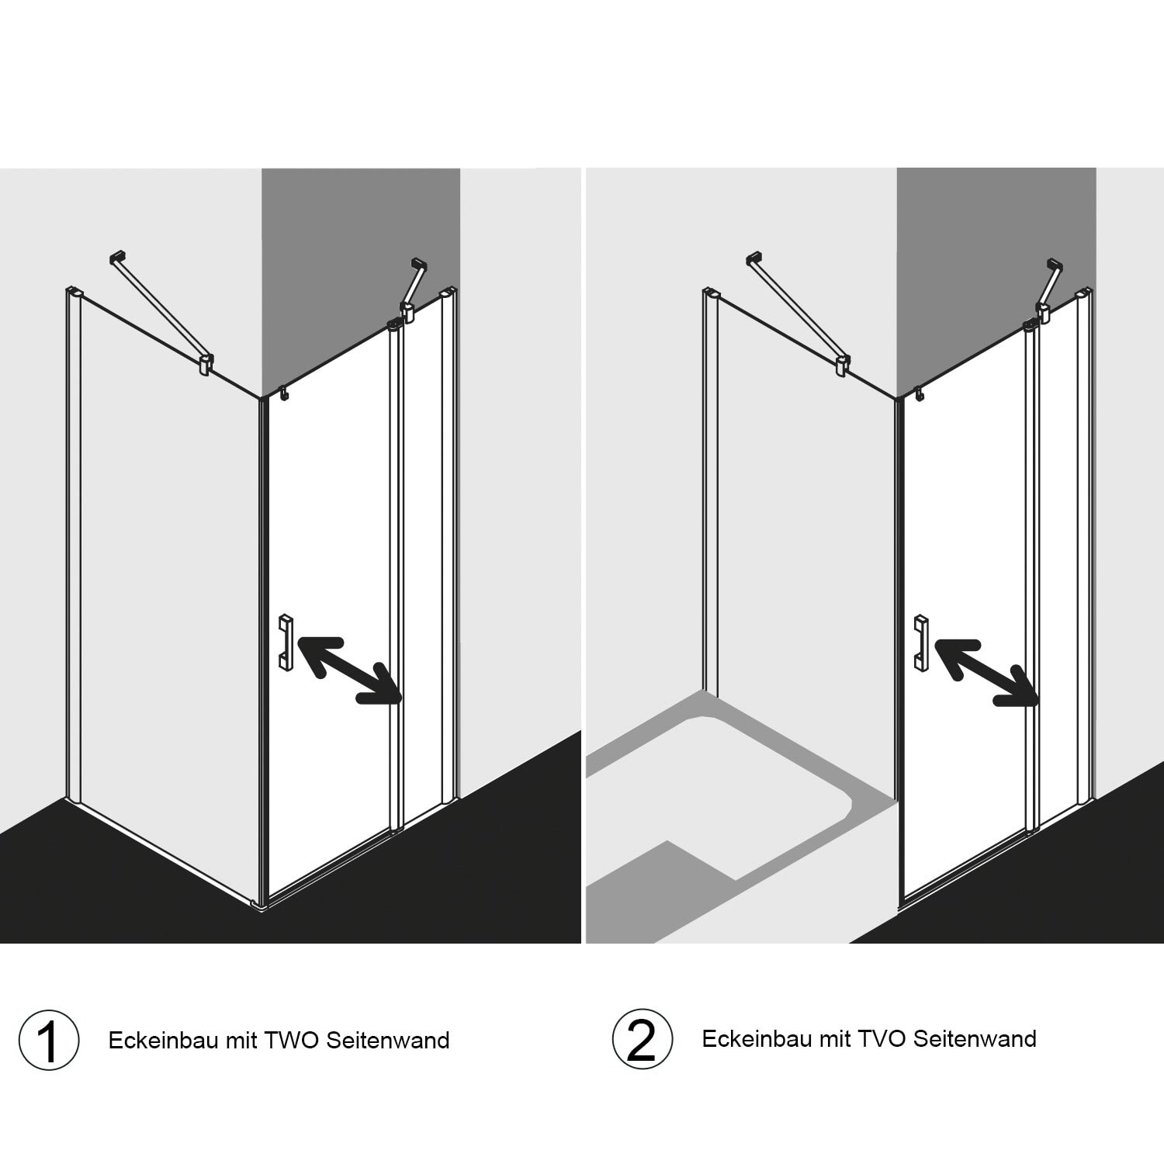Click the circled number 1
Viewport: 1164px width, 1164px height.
pyautogui.click(x=49, y=1041)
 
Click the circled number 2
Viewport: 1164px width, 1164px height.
pyautogui.click(x=641, y=1040)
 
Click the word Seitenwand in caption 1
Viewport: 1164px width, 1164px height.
pyautogui.click(x=388, y=1040)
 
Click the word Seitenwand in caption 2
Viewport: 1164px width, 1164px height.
pyautogui.click(x=975, y=1038)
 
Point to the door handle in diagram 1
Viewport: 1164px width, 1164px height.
pyautogui.click(x=286, y=642)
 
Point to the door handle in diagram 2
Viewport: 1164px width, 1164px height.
pyautogui.click(x=921, y=643)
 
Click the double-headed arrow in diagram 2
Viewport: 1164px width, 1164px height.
pyautogui.click(x=986, y=673)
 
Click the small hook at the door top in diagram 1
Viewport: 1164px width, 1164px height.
pyautogui.click(x=284, y=394)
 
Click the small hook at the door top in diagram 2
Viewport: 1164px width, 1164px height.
pyautogui.click(x=920, y=395)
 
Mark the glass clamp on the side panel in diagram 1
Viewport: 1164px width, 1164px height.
pyautogui.click(x=206, y=364)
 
